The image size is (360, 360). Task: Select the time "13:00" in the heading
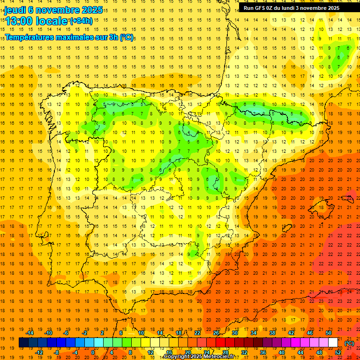pyautogui.click(x=19, y=21)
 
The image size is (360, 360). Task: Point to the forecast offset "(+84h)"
pyautogui.click(x=81, y=21)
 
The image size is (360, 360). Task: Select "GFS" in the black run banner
pyautogui.click(x=262, y=8)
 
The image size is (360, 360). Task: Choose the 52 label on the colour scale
pyautogui.click(x=338, y=352)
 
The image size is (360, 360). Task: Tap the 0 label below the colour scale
pyautogui.click(x=92, y=352)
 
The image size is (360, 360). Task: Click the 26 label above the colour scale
pyautogui.click(x=216, y=333)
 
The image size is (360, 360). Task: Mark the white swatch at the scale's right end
pyautogui.click(x=333, y=343)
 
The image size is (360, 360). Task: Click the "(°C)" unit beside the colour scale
pyautogui.click(x=349, y=343)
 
